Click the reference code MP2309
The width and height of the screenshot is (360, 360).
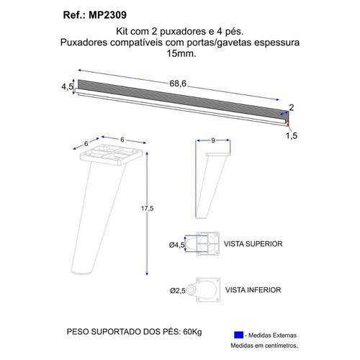(107, 15)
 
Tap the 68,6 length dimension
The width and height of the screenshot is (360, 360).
(178, 84)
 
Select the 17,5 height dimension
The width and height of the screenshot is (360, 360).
(147, 208)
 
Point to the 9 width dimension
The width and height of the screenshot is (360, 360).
(213, 140)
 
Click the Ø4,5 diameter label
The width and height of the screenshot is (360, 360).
(177, 245)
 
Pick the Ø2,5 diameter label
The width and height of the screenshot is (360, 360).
(178, 291)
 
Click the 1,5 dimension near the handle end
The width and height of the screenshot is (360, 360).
(292, 135)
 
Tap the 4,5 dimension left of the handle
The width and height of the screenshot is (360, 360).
(68, 86)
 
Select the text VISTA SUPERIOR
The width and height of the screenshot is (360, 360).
(253, 244)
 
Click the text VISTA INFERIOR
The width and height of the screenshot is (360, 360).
(253, 290)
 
